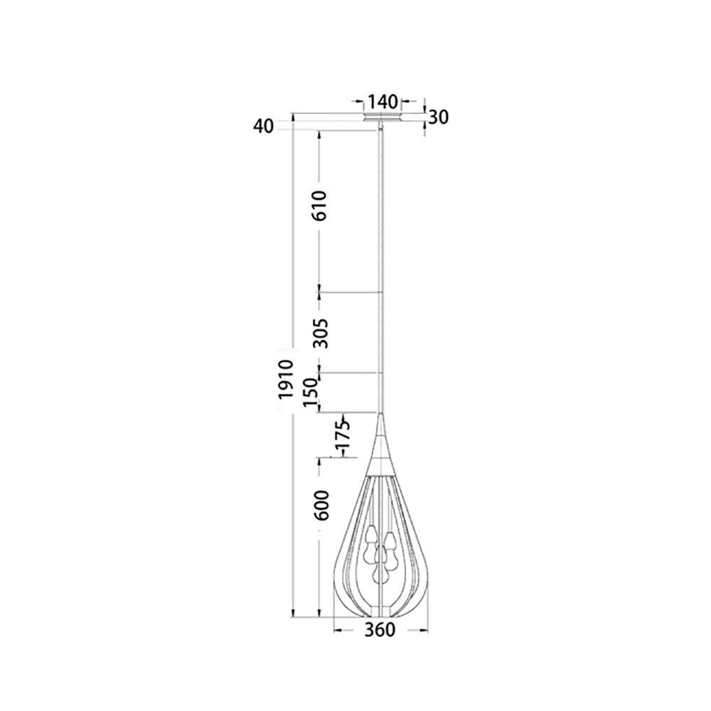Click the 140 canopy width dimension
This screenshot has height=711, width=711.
point(383,102)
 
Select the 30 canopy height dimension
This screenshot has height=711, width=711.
point(439,117)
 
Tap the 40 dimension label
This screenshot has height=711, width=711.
point(264,127)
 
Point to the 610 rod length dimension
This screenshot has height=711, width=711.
point(320,205)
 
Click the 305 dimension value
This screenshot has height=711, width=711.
point(321,333)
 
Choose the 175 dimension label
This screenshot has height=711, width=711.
point(343,435)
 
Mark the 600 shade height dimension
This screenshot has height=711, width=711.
point(321,505)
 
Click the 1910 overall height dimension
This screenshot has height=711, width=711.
point(286,379)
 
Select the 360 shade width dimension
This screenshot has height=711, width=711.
point(380,629)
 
